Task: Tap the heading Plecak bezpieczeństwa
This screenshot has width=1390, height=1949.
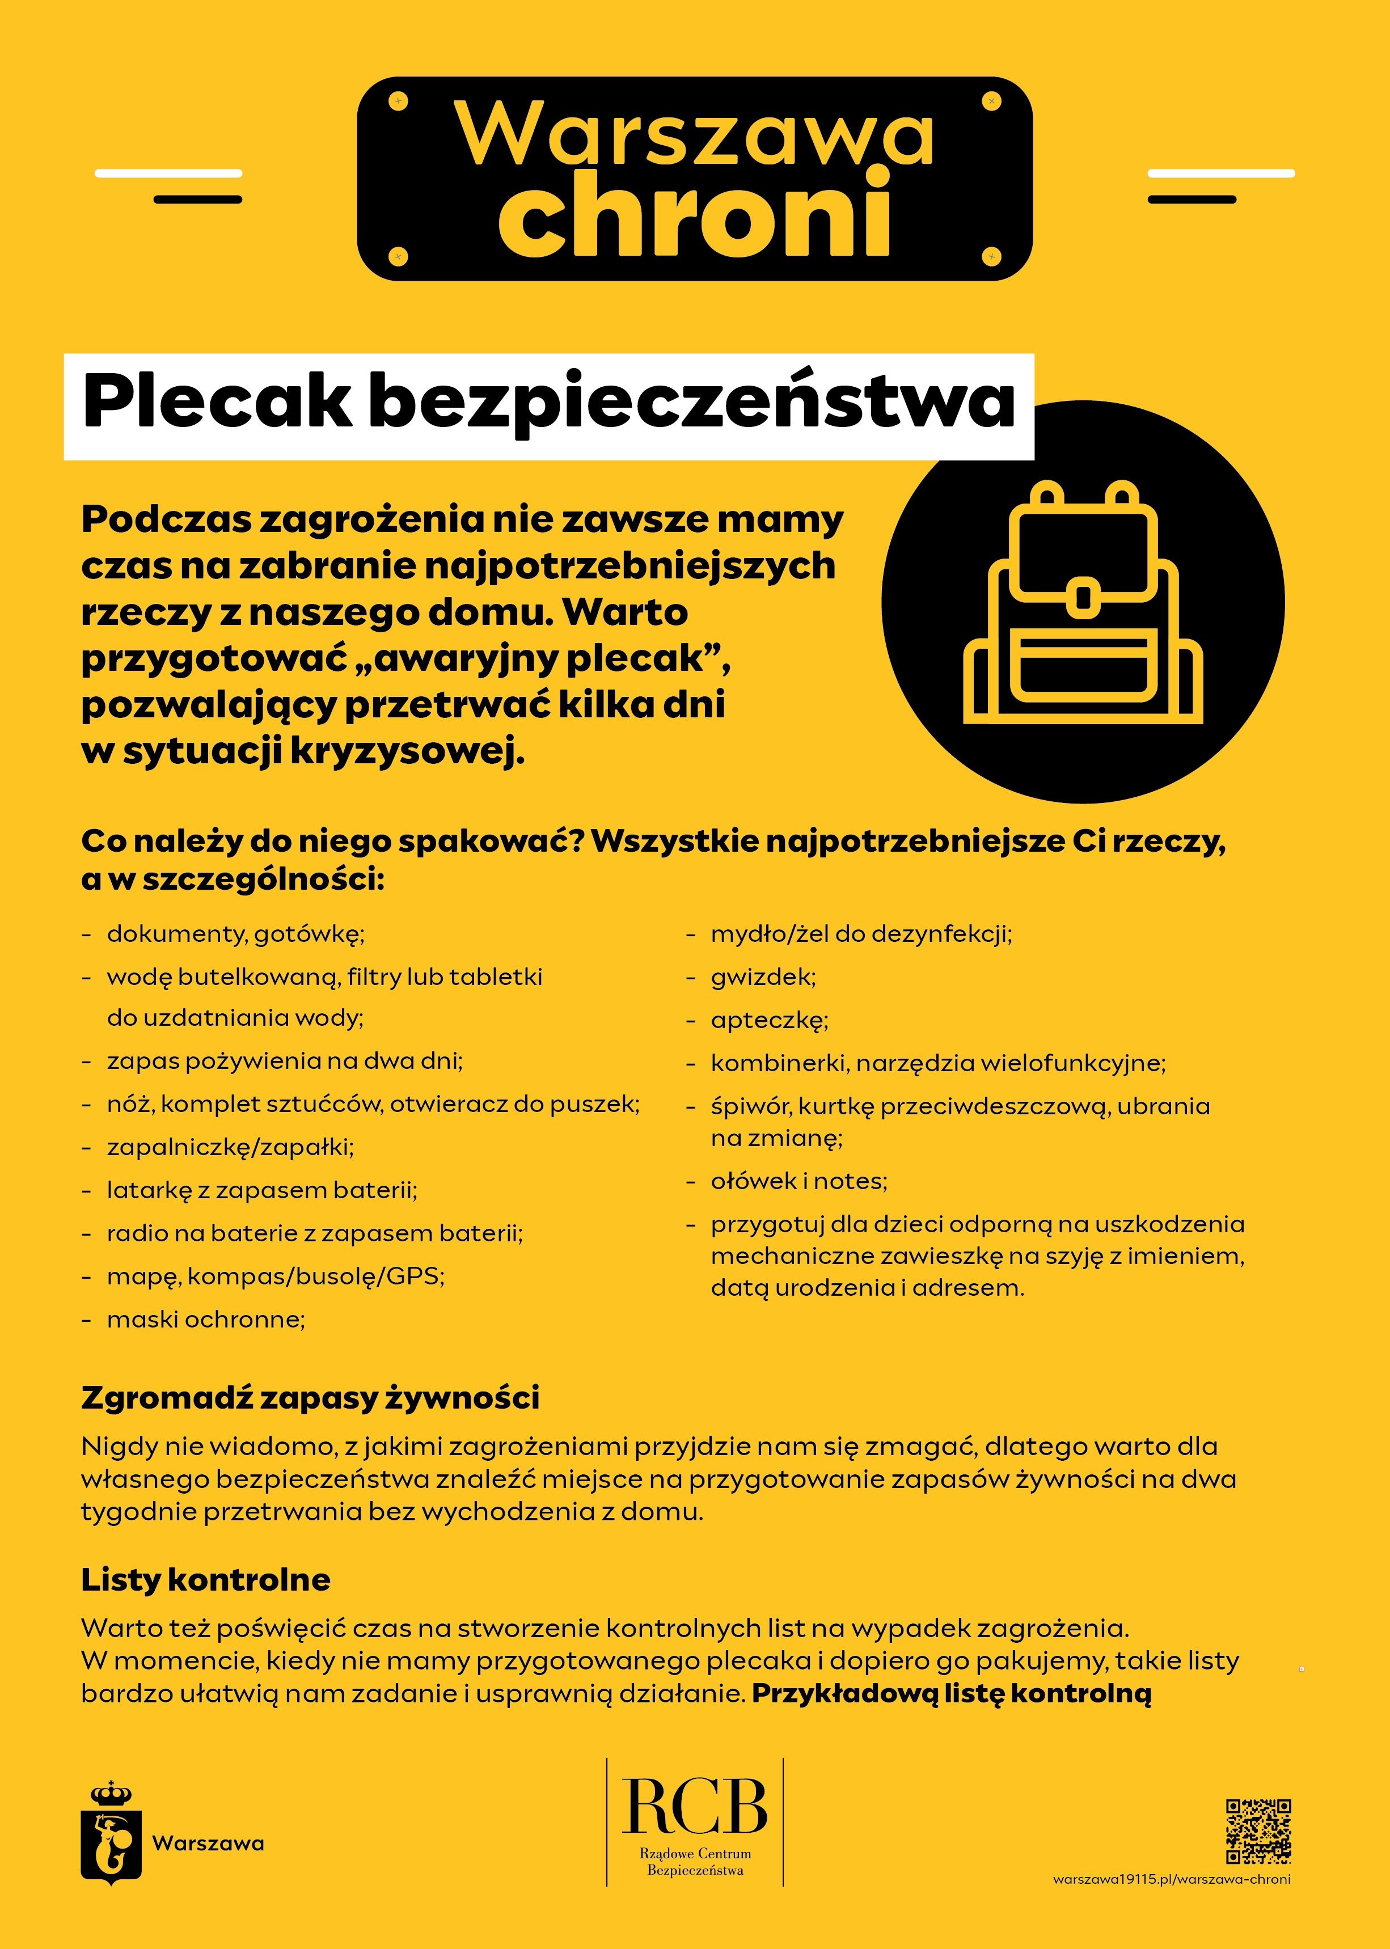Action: pyautogui.click(x=548, y=402)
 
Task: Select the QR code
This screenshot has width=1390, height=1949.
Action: pyautogui.click(x=1258, y=1831)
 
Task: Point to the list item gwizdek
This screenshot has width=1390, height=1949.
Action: pyautogui.click(x=763, y=977)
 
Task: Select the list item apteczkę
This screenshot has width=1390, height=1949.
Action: pyautogui.click(x=770, y=1020)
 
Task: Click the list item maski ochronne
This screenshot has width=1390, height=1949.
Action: pyautogui.click(x=205, y=1320)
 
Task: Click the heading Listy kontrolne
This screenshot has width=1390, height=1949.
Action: pyautogui.click(x=205, y=1579)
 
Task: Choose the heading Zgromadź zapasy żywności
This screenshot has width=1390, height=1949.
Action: pyautogui.click(x=310, y=1397)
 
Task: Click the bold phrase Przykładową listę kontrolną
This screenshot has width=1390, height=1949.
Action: pyautogui.click(x=951, y=1693)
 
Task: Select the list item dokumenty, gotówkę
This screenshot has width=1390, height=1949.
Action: pyautogui.click(x=235, y=933)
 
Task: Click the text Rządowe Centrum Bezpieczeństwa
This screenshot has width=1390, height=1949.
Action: pyautogui.click(x=695, y=1862)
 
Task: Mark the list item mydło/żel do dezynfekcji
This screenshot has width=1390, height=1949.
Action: pyautogui.click(x=861, y=933)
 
